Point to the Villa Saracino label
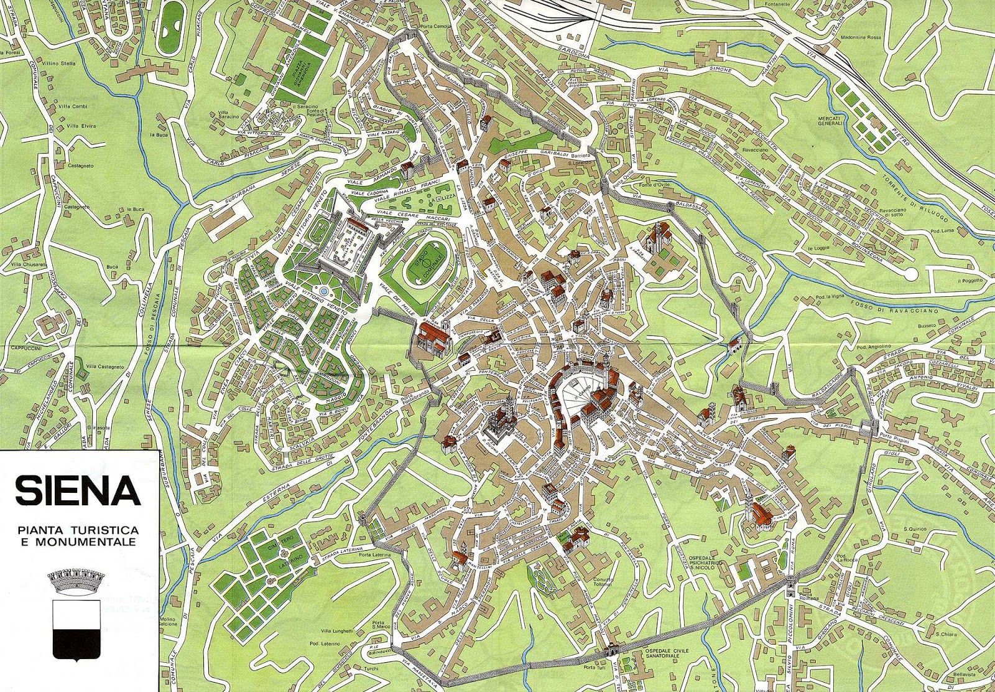[229, 115]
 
